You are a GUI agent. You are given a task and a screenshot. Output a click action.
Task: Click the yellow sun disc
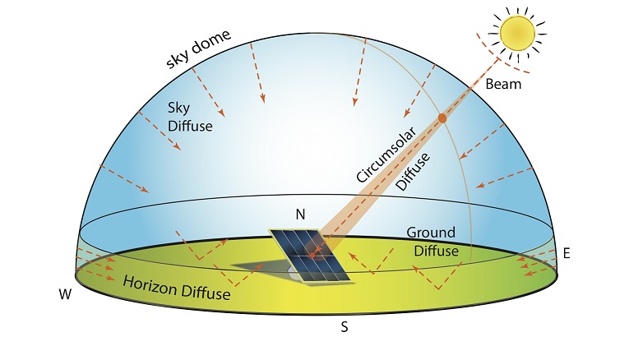pyautogui.click(x=517, y=33)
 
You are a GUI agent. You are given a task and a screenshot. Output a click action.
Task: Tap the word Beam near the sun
pyautogui.click(x=503, y=84)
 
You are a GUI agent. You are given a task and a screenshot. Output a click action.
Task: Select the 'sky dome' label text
pyautogui.click(x=198, y=49)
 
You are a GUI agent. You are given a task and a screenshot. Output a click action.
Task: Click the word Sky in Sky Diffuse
pyautogui.click(x=178, y=108)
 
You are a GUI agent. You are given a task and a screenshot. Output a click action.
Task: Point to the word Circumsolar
pyautogui.click(x=386, y=155)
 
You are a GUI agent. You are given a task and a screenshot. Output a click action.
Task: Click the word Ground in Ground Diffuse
pyautogui.click(x=431, y=233)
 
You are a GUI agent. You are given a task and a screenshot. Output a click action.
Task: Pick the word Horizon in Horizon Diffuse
pyautogui.click(x=150, y=286)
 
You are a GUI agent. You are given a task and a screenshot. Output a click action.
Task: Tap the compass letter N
pyautogui.click(x=301, y=215)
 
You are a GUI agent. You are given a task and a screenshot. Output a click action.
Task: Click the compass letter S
pyautogui.click(x=345, y=327)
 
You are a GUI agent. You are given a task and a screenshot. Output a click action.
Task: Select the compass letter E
pyautogui.click(x=567, y=253)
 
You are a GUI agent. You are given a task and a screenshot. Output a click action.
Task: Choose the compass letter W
pyautogui.click(x=65, y=294)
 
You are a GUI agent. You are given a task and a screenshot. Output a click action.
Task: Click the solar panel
pyautogui.click(x=309, y=255)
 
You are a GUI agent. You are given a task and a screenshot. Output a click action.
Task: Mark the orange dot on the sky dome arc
pyautogui.click(x=442, y=118)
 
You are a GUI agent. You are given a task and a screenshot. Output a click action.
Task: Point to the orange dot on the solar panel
pyautogui.click(x=312, y=256)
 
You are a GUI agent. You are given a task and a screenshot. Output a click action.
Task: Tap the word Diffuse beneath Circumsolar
pyautogui.click(x=413, y=172)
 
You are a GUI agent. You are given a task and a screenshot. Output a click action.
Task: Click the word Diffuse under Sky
pyautogui.click(x=190, y=126)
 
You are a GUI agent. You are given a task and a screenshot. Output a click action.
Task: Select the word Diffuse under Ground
pyautogui.click(x=436, y=251)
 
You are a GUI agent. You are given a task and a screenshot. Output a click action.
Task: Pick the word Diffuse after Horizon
pyautogui.click(x=206, y=293)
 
